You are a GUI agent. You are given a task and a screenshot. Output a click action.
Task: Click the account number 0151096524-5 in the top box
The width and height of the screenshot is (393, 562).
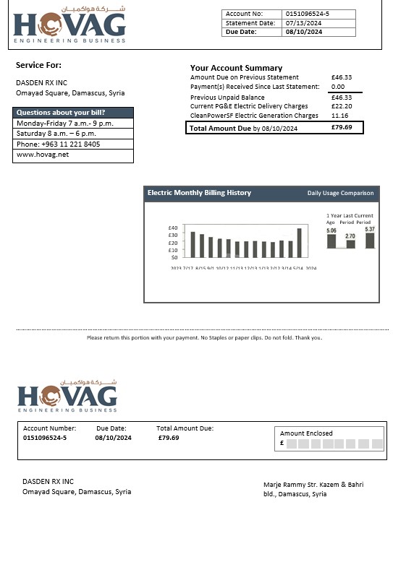pos(308,14)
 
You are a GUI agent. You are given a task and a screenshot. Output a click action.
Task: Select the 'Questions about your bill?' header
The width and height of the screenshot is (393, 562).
pos(61,113)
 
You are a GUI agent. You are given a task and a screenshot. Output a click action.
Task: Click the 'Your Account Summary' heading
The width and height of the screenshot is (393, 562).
pos(236,68)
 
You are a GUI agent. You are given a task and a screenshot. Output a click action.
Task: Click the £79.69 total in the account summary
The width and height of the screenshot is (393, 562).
pos(342,128)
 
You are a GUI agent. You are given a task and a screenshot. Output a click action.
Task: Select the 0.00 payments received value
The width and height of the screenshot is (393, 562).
pos(338,87)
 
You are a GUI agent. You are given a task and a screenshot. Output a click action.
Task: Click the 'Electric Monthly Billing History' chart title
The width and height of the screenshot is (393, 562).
pos(199,193)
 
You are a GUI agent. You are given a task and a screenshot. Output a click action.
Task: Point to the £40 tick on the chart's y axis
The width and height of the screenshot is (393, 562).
pos(172,228)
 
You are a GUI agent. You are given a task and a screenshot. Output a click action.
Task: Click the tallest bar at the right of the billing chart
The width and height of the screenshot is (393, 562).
pos(299,243)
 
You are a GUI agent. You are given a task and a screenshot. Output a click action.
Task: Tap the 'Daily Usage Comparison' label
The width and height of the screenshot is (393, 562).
pos(340,193)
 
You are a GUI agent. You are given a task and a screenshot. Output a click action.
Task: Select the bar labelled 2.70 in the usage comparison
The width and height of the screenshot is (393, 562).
pos(350,244)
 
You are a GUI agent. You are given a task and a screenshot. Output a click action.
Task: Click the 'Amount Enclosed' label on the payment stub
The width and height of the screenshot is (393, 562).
pos(306,433)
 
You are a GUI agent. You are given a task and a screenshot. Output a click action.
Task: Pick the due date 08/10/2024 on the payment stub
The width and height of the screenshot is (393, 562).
pos(113,438)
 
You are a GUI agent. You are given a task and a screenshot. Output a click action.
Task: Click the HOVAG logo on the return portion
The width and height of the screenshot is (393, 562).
pos(67,397)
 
